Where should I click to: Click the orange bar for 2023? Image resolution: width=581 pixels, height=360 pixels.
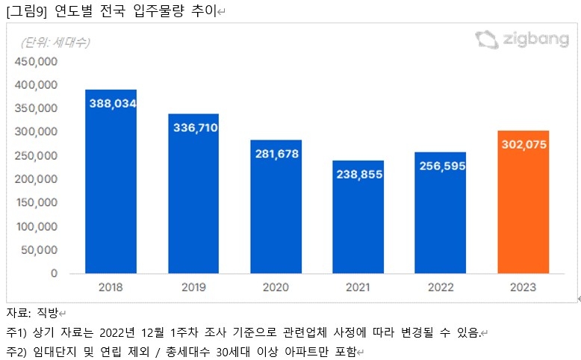click(523, 202)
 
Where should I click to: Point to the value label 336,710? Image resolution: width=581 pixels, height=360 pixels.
click(193, 128)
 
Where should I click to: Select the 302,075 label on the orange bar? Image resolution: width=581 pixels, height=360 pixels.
click(523, 144)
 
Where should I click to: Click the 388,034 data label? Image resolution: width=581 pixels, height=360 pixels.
click(112, 104)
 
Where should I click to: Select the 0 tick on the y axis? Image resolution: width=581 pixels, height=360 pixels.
click(54, 273)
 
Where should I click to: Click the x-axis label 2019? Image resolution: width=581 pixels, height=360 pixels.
click(193, 287)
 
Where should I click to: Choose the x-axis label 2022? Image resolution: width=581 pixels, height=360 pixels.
click(441, 287)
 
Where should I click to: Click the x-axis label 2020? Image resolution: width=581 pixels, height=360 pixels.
click(276, 287)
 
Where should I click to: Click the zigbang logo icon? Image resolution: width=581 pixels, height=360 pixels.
click(486, 40)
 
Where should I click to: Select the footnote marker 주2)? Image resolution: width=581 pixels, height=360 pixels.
click(16, 351)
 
